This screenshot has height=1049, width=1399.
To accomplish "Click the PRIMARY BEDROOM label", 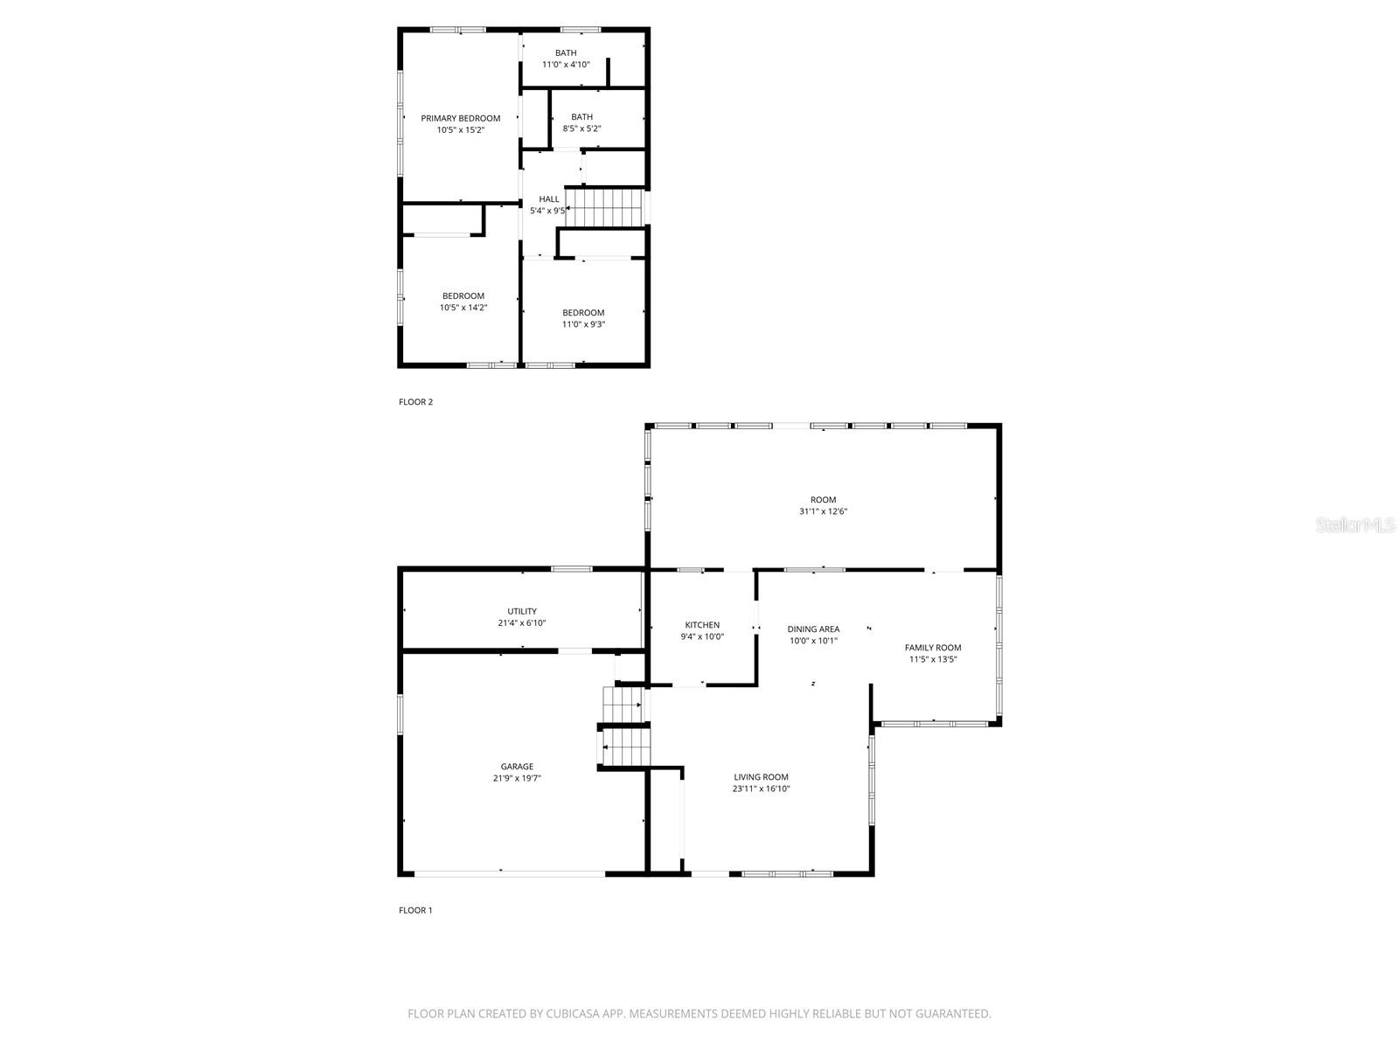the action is pos(460,119).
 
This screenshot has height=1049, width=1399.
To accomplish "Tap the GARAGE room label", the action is pos(517,767).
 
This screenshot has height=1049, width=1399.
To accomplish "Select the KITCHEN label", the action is pos(702,625).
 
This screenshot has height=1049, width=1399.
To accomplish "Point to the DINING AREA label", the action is pos(813,629).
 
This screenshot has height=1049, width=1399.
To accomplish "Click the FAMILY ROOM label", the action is pos(933,648).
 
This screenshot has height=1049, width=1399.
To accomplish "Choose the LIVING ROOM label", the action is pos(761,777).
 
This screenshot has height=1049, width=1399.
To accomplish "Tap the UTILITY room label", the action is pos(522,611).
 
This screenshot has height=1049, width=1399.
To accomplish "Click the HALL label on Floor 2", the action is pos(549,199).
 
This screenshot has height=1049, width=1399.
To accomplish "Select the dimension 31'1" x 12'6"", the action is pos(824,511).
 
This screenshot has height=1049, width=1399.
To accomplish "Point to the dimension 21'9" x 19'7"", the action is pos(517,778).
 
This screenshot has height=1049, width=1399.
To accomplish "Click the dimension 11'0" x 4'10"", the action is pos(566,65).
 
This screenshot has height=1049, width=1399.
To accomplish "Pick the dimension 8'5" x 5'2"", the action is pos(582,129).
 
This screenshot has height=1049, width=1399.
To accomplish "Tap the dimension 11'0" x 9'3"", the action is pos(583,324).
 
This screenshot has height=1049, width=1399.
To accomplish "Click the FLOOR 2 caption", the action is pos(415,402).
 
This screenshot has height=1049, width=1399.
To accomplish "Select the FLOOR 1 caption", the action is pos(415,910).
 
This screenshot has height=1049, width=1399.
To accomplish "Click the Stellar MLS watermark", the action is pos(1355,524).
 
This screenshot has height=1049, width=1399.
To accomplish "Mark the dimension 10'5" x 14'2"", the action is pos(463,308).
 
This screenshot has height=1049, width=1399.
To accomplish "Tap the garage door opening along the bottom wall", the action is pos(510,874).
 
